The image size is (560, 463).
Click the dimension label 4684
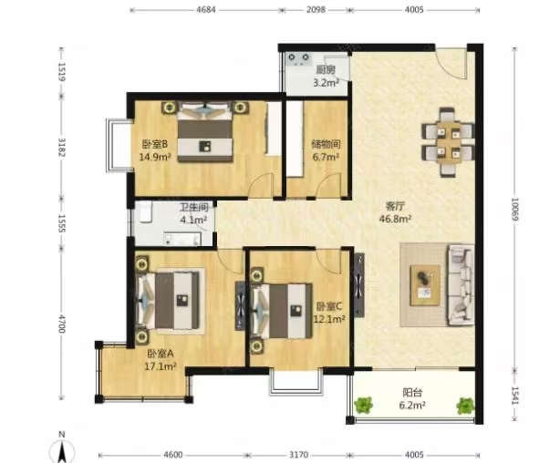[206, 10]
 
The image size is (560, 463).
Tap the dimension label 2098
[316, 10]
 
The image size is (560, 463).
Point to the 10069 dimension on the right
[514, 210]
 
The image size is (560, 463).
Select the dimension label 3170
[298, 455]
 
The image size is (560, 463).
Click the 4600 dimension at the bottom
[173, 455]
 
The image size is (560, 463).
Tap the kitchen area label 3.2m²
[326, 83]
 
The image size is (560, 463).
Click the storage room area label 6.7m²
[326, 157]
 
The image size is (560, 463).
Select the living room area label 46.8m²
[395, 219]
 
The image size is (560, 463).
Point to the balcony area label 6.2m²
[412, 406]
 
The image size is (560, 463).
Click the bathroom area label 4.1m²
[193, 220]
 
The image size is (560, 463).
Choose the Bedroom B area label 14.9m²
[154, 157]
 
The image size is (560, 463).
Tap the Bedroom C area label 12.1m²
[329, 318]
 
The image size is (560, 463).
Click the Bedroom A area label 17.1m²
[161, 365]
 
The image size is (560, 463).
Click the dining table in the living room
[448, 142]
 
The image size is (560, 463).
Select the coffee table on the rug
[425, 285]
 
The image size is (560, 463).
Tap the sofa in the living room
[461, 285]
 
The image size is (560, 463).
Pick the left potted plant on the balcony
[364, 406]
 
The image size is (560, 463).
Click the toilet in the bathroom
[145, 211]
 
